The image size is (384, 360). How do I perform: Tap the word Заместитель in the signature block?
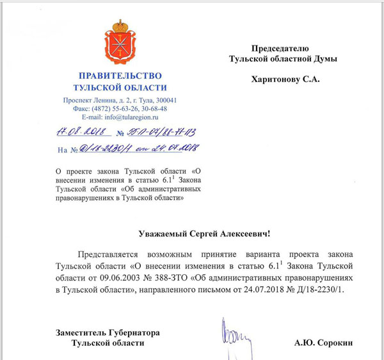click(79, 332)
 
